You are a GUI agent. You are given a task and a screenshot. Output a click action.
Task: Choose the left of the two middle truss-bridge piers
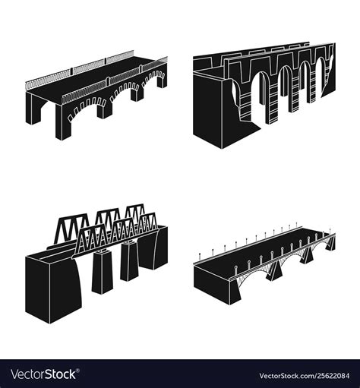[x=102, y=270]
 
